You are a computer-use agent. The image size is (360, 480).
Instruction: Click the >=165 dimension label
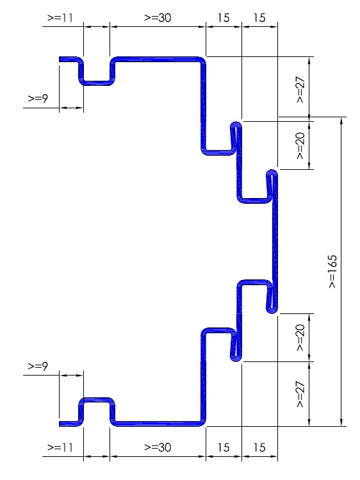(332, 271)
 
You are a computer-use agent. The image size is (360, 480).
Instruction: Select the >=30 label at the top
(158, 18)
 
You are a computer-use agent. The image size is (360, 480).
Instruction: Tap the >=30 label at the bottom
(158, 447)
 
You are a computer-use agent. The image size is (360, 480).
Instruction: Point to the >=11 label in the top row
(60, 18)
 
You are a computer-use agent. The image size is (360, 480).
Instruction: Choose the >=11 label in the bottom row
(60, 447)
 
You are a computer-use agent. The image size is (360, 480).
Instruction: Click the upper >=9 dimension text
(38, 99)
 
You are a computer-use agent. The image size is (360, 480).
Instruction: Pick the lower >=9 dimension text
(38, 366)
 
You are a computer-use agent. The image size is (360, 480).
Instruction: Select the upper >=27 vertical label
(300, 89)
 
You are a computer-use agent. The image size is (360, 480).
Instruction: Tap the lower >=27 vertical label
(300, 394)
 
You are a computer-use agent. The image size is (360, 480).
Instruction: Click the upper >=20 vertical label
(300, 145)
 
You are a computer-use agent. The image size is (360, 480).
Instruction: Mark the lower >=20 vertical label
(300, 337)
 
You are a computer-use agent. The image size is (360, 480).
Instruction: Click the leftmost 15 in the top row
(224, 18)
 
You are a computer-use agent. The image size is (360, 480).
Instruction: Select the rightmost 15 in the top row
(259, 18)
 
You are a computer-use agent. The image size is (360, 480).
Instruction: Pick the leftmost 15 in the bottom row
(224, 447)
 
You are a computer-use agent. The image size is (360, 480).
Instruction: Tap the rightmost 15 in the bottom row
(259, 447)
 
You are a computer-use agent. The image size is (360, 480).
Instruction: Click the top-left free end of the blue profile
(60, 59)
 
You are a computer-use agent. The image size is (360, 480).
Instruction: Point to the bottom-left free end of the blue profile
(60, 424)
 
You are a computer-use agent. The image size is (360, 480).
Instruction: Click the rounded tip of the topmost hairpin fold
(236, 123)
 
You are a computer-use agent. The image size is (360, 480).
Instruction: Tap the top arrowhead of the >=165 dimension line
(341, 120)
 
